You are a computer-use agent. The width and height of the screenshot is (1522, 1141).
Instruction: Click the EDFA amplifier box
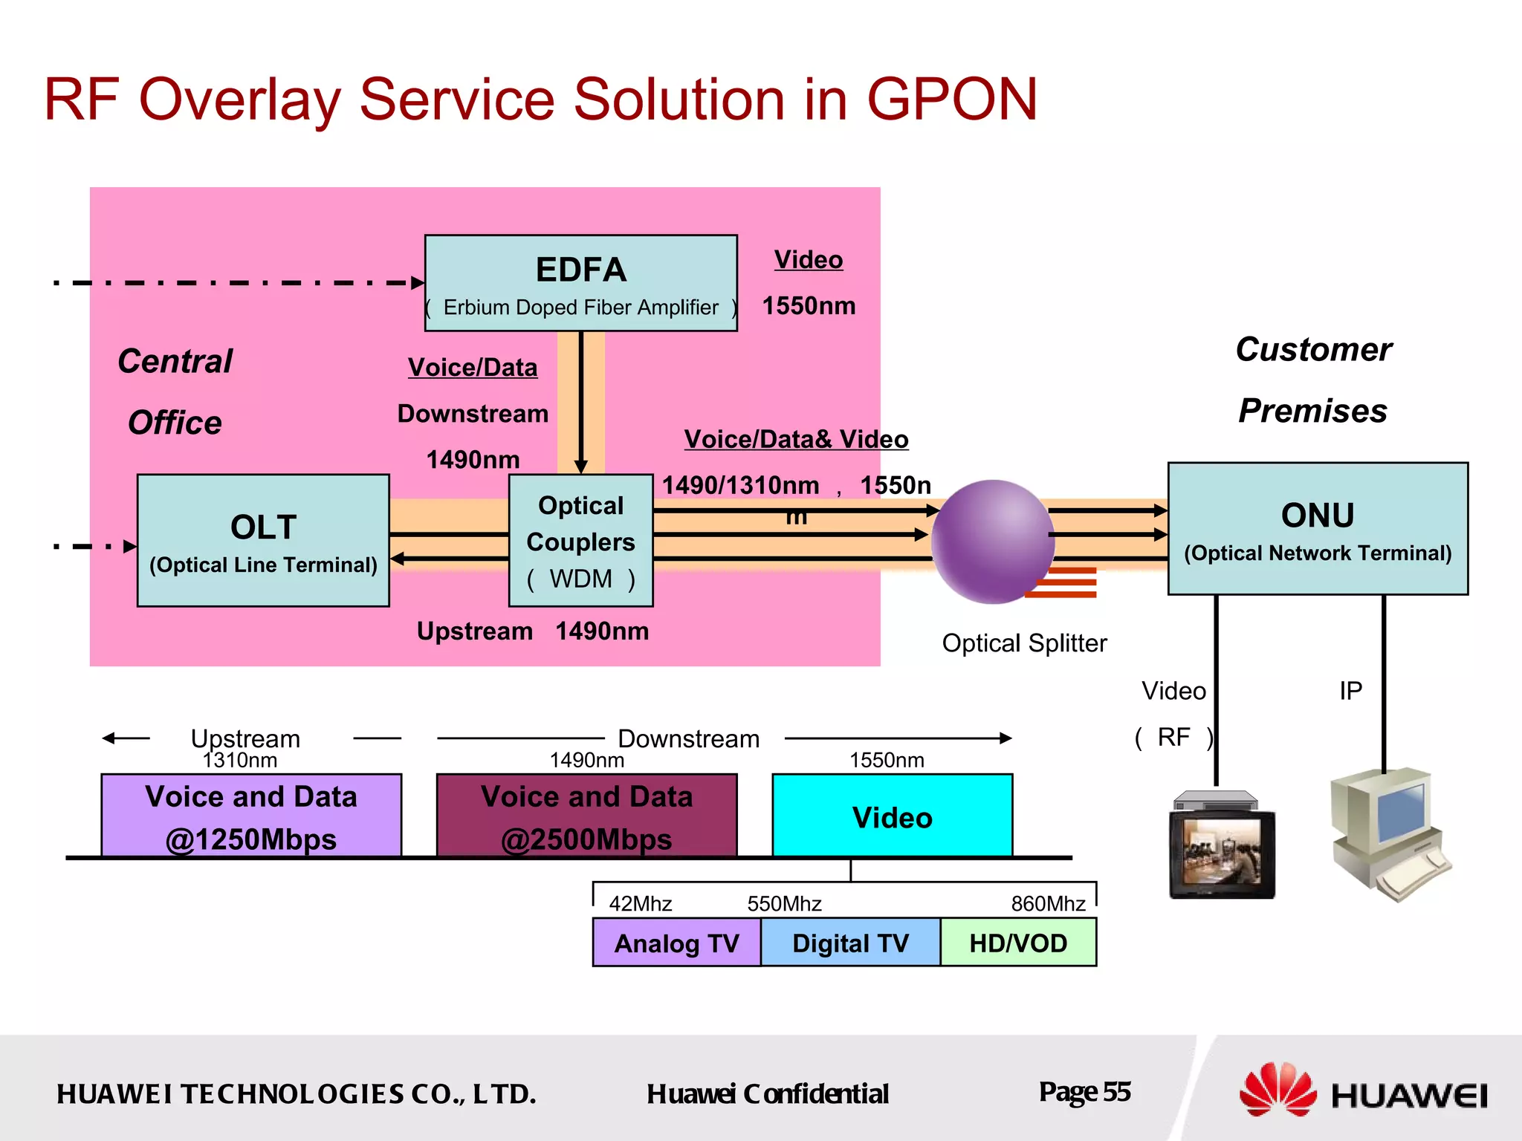click(580, 283)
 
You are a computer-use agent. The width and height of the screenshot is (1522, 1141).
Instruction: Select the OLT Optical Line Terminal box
click(263, 541)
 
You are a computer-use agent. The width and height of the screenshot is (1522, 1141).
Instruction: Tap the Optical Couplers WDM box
click(580, 541)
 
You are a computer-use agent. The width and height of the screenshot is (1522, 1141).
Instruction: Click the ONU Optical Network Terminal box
click(1317, 529)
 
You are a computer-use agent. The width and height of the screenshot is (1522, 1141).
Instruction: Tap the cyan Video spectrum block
click(892, 816)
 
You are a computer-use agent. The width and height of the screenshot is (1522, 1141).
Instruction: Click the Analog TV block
click(676, 943)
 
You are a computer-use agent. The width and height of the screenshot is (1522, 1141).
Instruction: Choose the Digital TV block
click(850, 943)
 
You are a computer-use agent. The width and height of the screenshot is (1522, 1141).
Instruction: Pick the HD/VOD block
click(1018, 943)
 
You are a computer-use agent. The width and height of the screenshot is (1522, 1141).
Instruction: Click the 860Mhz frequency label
click(1048, 903)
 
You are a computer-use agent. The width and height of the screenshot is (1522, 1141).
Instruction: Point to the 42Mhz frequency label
click(640, 903)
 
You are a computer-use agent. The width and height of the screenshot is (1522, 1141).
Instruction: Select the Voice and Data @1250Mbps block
click(251, 816)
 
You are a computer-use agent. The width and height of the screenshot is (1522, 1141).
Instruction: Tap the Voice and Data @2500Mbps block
click(586, 816)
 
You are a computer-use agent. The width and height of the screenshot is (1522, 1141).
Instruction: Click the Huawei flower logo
click(1277, 1090)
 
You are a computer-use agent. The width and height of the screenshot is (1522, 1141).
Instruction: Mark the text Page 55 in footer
click(1084, 1092)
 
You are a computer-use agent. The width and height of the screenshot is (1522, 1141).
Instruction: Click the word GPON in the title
click(952, 100)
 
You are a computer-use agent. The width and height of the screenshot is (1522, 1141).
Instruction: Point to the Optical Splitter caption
click(1024, 643)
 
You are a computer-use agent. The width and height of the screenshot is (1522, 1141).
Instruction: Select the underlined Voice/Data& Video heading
click(796, 439)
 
